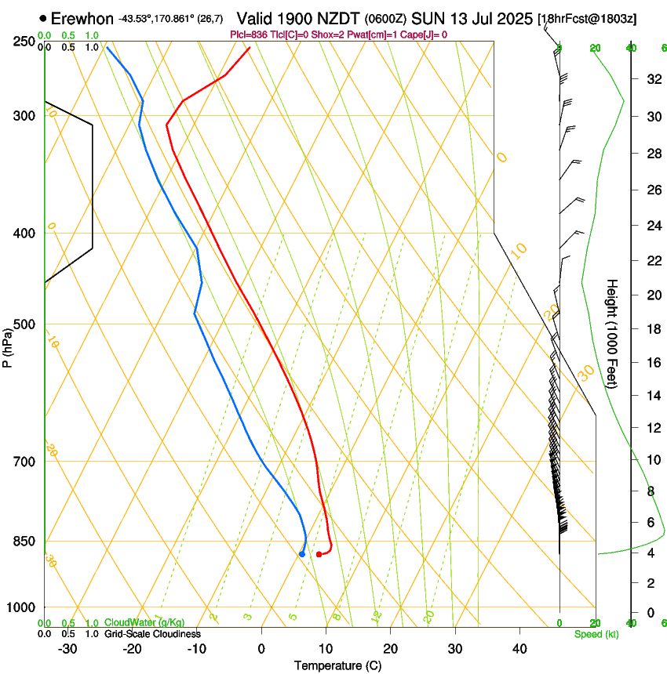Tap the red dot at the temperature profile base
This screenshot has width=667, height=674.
319,554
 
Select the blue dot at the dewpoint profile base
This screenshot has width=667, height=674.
302,554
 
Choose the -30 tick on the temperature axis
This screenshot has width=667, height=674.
67,648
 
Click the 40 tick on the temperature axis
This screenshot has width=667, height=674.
519,648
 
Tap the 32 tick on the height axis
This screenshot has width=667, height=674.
652,78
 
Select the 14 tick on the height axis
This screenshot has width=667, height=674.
652,395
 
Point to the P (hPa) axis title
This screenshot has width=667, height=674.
7,343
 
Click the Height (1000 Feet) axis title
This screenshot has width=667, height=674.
612,334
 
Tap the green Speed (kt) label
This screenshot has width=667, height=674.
596,634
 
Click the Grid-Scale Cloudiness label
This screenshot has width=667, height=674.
152,633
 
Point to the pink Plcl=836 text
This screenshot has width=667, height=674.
255,34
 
